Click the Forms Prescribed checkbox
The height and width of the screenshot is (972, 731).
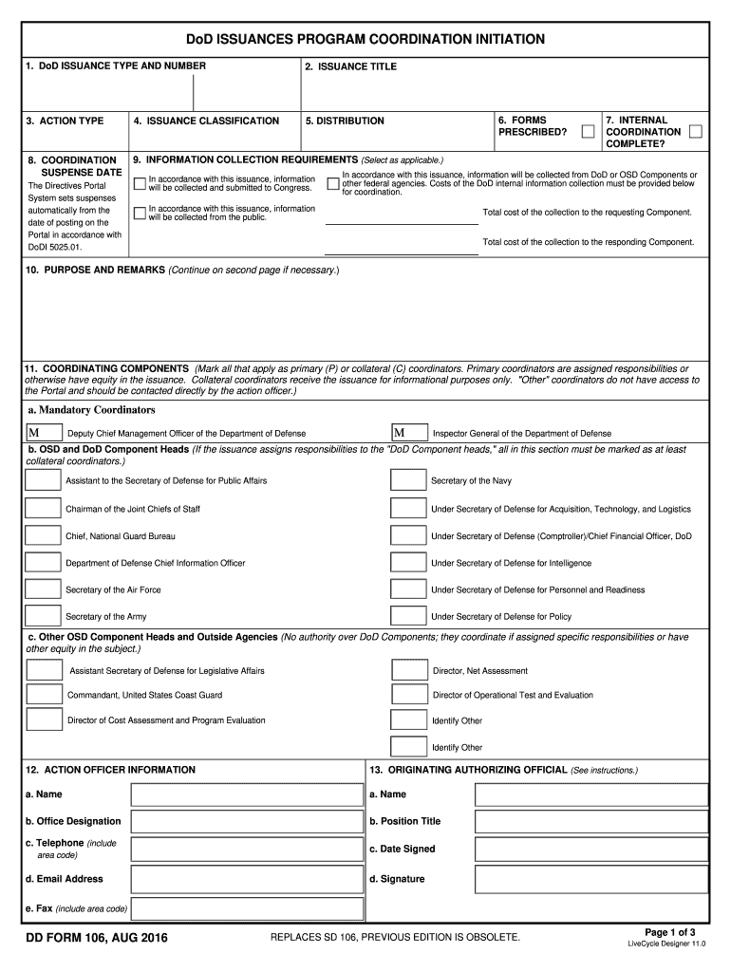pos(589,131)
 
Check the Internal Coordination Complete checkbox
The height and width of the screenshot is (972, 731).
pos(696,131)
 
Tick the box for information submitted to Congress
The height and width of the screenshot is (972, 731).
pos(141,183)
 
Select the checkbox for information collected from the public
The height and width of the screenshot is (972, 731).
pos(141,213)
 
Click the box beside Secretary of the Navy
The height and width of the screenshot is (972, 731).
pos(409,481)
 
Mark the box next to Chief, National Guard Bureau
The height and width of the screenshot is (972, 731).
pos(43,536)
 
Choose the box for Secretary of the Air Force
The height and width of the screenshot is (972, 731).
pos(43,589)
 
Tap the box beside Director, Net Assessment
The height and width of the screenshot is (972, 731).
pos(409,670)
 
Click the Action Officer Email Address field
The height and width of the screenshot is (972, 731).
pos(247,880)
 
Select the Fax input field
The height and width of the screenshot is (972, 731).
pos(247,908)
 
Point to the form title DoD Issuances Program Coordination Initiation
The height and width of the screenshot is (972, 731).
pos(365,39)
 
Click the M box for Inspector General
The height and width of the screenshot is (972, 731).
pos(409,433)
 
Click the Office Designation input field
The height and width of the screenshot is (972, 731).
pos(247,821)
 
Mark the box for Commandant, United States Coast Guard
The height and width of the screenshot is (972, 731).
pos(45,695)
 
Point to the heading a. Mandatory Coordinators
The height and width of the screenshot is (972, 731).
pos(91,410)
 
